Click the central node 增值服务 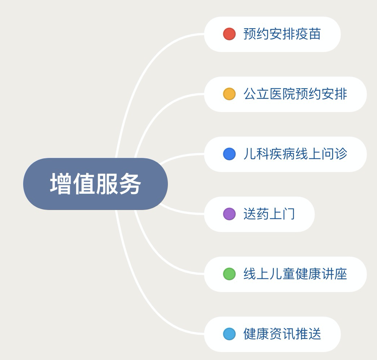(95, 184)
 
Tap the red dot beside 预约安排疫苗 (229, 34)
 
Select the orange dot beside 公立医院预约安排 (229, 94)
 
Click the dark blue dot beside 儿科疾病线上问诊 (229, 154)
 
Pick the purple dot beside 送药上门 (229, 214)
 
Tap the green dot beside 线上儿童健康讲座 (229, 274)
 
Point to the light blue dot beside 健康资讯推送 (229, 334)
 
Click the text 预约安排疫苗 (282, 34)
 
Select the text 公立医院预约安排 (295, 94)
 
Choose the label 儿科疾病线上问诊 (295, 154)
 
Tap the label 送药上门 (269, 214)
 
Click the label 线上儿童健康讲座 (295, 274)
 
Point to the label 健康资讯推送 (282, 334)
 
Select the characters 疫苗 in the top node (308, 34)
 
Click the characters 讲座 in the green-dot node (334, 274)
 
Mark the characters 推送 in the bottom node (308, 334)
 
